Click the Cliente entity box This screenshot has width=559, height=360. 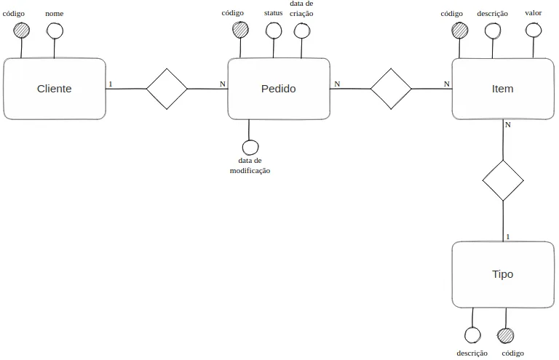coord(54,89)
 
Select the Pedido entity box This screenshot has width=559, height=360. coord(279,89)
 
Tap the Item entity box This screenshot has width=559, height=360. coord(503,89)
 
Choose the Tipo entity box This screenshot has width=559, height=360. coord(503,274)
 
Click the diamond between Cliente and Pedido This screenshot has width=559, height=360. coord(167,89)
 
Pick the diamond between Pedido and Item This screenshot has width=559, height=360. coord(391,89)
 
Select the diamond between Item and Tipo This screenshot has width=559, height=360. coord(503,180)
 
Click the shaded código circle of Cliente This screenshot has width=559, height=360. coord(21,31)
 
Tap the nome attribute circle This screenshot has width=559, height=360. coord(55,31)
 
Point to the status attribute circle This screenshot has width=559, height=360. coord(274,31)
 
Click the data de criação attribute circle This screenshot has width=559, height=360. coord(302,31)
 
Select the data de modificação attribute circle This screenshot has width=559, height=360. coord(250,147)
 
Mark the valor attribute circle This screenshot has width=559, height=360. coord(534,31)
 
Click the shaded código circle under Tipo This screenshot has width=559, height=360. coord(506,336)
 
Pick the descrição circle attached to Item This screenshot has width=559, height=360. coord(493,31)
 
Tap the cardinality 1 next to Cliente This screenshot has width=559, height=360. coord(111,84)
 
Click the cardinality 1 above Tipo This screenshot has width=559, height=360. coord(508,237)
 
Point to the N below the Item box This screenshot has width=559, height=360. coord(508,125)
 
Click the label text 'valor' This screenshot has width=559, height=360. coord(534,13)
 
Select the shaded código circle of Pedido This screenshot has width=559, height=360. coord(240,30)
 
